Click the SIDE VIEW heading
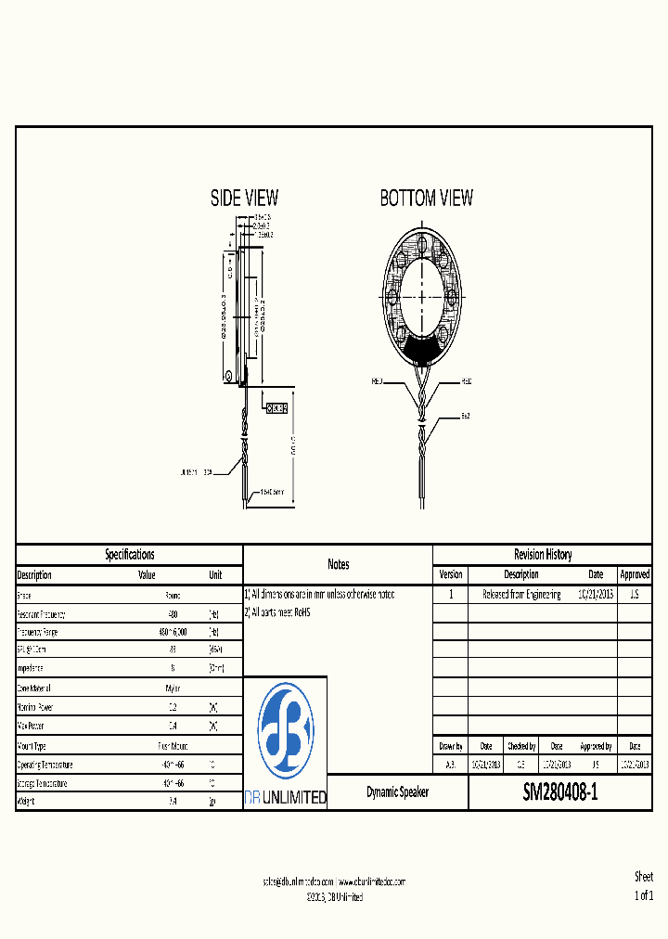coord(244,198)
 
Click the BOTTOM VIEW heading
coord(426,198)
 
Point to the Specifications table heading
coord(129,554)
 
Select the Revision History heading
coord(543,554)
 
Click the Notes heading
coord(338,564)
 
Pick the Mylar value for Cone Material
coord(173,688)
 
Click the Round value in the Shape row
coord(173,595)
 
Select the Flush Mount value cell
coord(173,746)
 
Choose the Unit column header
coord(215,575)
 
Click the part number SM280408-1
coord(560,793)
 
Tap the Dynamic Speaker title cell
coord(397,793)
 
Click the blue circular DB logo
coord(285,732)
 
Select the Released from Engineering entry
coord(521,595)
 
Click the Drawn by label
coord(450,746)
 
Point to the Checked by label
coord(520,746)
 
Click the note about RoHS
coord(277,613)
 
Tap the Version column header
coord(450,575)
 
